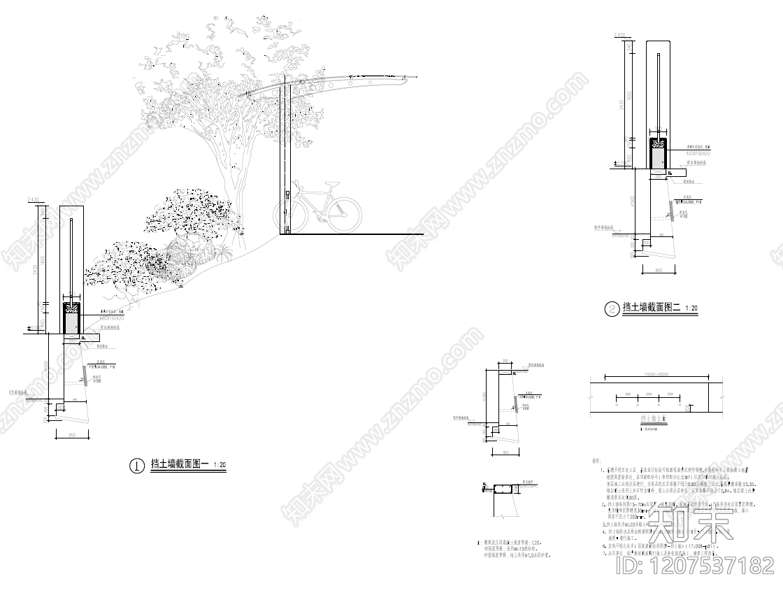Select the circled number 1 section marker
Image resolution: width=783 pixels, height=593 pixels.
pos(137,464)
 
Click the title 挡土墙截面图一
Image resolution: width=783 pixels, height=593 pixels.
pos(180,464)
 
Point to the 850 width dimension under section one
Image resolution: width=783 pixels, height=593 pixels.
pos(73,436)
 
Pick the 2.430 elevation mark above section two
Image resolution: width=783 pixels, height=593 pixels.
pos(619,34)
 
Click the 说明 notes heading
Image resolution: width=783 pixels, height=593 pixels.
pos(596,461)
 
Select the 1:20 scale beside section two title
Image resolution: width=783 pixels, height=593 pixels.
pos(691,308)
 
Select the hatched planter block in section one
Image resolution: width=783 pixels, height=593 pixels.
pos(73,322)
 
